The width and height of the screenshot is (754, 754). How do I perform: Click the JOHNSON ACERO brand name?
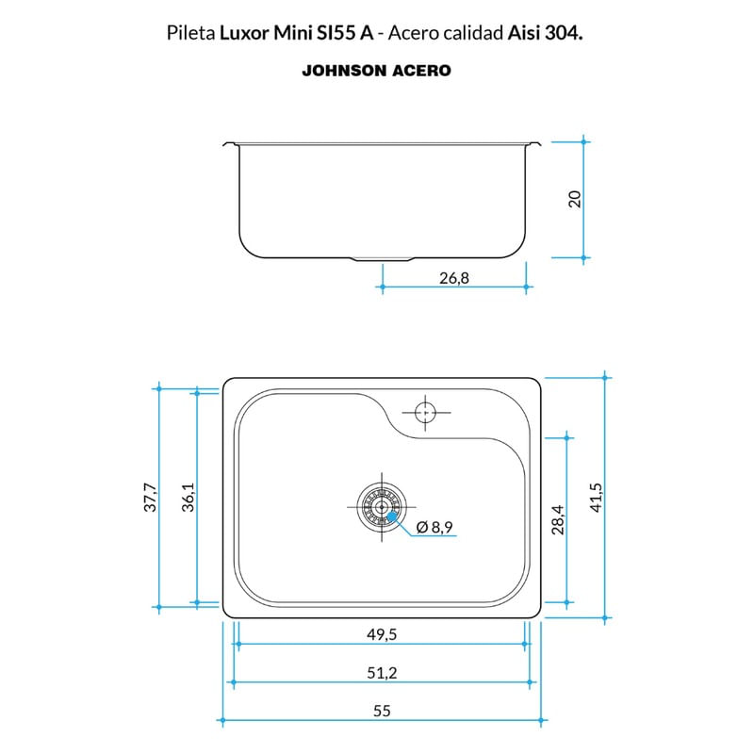pos(376,71)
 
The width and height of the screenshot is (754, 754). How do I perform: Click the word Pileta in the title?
pos(191,33)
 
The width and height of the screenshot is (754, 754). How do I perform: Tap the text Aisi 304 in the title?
pos(546,33)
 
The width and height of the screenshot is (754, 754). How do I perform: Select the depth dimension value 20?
pos(575,199)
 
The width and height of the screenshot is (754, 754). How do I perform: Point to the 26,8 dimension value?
pos(454,278)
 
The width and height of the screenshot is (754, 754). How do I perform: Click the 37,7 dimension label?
pos(151,498)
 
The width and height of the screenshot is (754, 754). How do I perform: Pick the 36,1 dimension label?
pos(188,498)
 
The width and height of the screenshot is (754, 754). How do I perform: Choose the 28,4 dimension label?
pos(558,520)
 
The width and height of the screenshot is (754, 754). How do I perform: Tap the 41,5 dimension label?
pos(597,498)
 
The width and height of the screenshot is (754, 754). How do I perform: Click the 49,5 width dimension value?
pos(382,634)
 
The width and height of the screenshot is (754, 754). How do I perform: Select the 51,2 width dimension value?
pos(382,672)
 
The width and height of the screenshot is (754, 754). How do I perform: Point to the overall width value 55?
pos(382,711)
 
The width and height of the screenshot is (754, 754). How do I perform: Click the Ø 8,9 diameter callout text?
pos(434,527)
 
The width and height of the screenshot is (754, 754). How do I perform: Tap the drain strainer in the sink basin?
pos(382,507)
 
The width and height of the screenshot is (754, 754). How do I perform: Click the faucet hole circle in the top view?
pos(426,412)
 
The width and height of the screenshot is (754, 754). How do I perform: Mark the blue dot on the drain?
pos(392,516)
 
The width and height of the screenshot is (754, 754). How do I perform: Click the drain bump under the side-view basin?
pos(384,260)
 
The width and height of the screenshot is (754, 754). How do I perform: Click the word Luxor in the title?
pos(244,33)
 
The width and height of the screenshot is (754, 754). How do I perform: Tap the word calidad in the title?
pos(473,33)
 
